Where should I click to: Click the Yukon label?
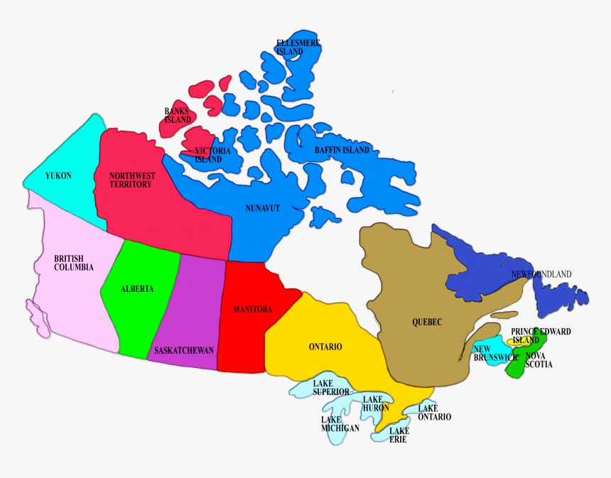(58, 175)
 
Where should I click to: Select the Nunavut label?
(263, 208)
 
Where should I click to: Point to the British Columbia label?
(74, 263)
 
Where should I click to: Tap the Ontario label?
(325, 347)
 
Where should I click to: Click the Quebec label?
(427, 322)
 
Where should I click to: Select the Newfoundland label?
(541, 274)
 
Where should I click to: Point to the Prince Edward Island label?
(541, 336)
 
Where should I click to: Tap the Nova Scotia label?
(539, 360)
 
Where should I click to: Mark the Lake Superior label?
(331, 388)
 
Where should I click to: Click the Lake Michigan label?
(340, 424)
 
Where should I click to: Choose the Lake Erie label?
(399, 435)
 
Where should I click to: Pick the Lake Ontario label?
(434, 413)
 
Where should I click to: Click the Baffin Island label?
(342, 151)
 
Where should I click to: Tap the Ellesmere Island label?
(298, 48)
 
